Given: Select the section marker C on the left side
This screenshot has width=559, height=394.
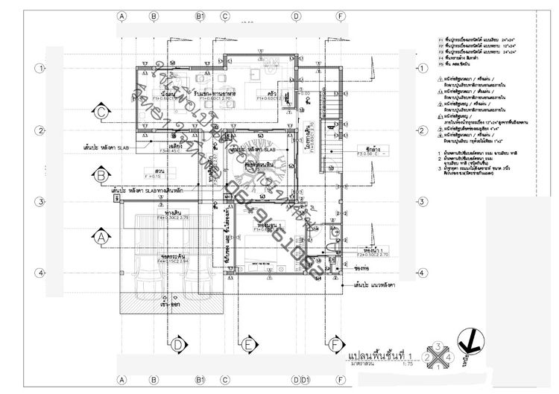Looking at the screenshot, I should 101,113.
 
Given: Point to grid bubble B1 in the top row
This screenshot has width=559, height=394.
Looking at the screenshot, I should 200,15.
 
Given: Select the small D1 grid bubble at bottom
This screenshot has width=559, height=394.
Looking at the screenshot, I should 305,380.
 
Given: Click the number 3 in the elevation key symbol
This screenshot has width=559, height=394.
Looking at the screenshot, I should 439,346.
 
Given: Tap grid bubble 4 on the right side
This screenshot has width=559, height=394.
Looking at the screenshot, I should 422,273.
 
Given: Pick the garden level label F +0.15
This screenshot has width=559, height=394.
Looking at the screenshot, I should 154,176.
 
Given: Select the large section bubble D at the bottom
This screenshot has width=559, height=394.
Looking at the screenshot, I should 178,344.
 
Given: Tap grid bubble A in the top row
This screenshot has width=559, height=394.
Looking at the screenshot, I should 122,15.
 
